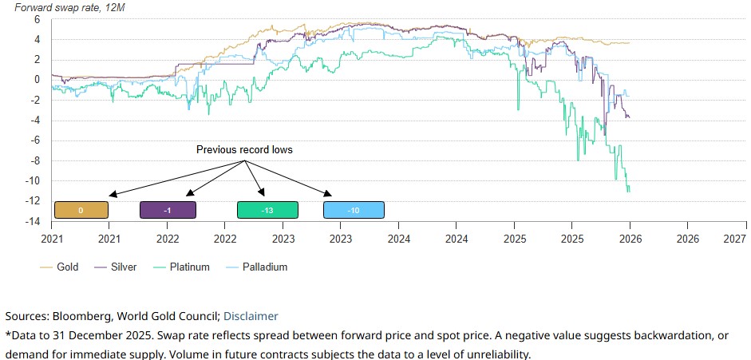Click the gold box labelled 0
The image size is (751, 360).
coord(81,210)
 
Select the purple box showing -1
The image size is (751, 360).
coord(168,210)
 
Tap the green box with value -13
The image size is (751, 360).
coord(267,210)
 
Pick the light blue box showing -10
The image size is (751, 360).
coord(354,210)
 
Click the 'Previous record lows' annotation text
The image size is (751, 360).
coord(244,149)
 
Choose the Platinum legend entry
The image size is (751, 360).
coord(189,267)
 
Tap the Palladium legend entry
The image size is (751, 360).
coord(264,267)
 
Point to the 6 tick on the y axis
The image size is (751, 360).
coord(37,18)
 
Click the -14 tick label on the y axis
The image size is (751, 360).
coord(34,222)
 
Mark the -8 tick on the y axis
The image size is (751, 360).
coord(35,160)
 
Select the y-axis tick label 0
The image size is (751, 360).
coord(37,79)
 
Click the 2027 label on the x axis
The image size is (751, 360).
coord(734,238)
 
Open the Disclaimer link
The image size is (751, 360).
coord(251,316)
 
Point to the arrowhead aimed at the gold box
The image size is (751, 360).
coord(111,195)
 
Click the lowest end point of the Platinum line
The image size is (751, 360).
coord(629,192)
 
